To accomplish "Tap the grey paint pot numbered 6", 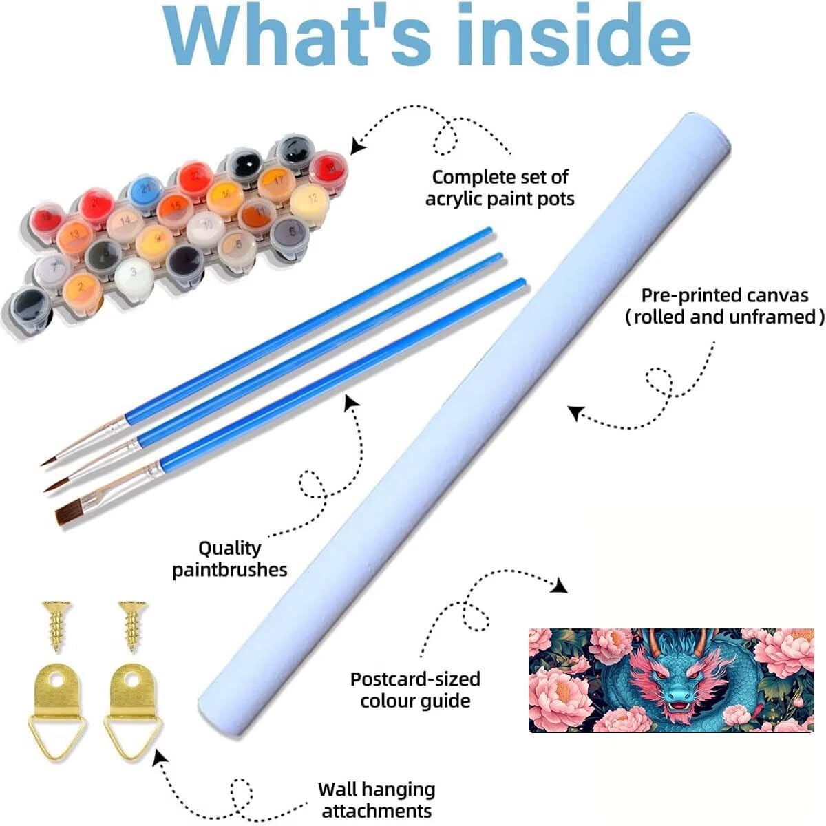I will pos(292,233).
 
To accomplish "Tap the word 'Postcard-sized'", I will pos(415,679).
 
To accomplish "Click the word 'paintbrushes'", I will pos(230,570).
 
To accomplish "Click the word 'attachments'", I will pos(377,810).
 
